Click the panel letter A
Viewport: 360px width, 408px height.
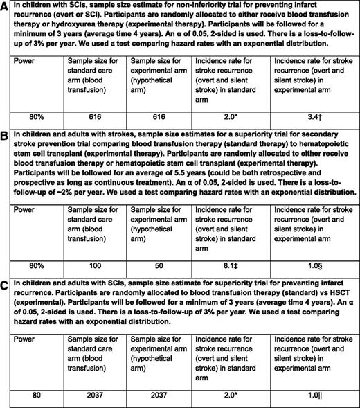pyautogui.click(x=6, y=6)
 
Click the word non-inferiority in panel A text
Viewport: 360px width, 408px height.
pyautogui.click(x=196, y=6)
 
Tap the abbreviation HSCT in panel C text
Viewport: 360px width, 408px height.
pyautogui.click(x=311, y=293)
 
